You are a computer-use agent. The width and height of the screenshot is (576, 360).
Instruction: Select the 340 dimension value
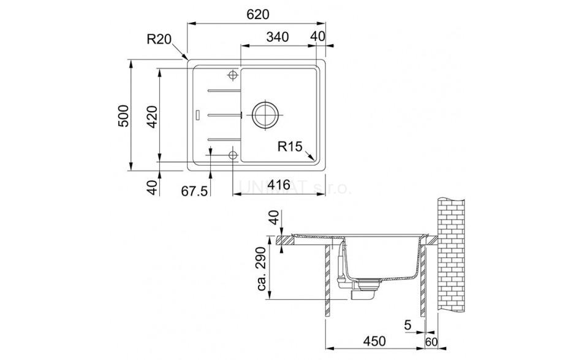coord(278,37)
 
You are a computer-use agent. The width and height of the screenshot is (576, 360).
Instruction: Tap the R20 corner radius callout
coord(158,40)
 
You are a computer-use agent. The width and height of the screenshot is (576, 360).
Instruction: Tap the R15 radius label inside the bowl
coord(290,147)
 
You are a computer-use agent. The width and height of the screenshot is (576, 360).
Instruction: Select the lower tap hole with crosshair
coord(233,155)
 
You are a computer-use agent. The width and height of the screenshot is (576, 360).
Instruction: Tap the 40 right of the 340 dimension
coord(317,37)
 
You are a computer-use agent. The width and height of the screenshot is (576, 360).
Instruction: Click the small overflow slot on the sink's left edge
coord(197,114)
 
